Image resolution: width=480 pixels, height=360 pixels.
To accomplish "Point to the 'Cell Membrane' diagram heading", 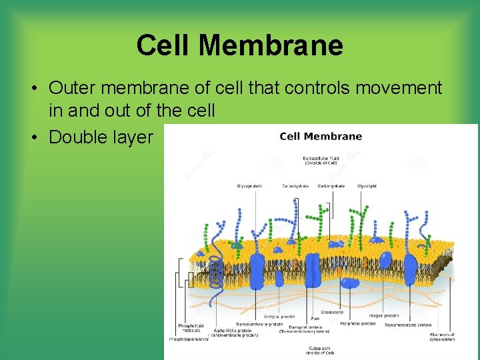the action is (x=321, y=137).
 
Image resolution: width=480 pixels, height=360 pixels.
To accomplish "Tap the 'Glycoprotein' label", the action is (x=249, y=186).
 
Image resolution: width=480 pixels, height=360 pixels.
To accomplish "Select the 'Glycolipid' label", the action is (x=367, y=186).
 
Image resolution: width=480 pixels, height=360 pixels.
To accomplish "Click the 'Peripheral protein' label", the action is (x=357, y=323).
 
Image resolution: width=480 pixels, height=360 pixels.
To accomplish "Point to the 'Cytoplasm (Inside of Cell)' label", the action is (x=321, y=349).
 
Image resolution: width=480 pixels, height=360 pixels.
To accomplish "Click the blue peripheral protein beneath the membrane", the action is (x=349, y=283).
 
